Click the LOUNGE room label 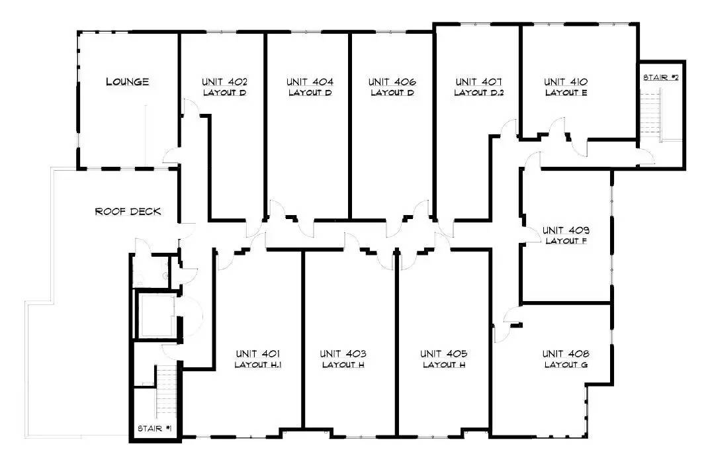[x=128, y=82]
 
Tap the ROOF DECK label [x=128, y=212]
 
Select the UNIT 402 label [x=224, y=82]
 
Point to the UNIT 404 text [x=310, y=82]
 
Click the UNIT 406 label [x=392, y=82]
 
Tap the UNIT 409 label [x=566, y=230]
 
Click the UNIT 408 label [x=566, y=353]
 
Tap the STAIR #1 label [x=155, y=429]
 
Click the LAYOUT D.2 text [x=479, y=93]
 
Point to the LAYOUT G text [x=566, y=365]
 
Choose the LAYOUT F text [x=566, y=241]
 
